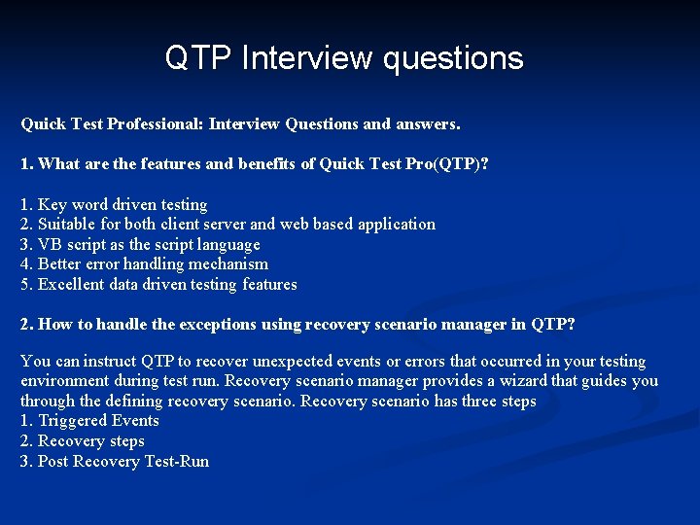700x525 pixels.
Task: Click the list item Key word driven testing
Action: pos(114,204)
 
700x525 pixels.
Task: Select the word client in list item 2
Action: pos(177,225)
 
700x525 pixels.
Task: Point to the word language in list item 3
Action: pos(227,245)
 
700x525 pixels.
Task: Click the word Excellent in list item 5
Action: pos(71,285)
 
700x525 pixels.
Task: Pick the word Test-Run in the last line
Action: pos(176,462)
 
